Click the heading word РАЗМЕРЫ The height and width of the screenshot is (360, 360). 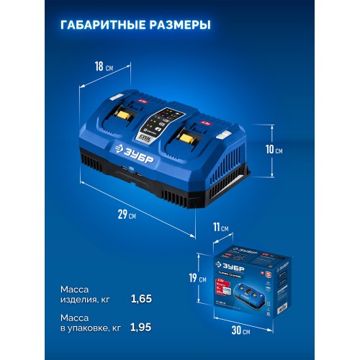click(x=177, y=25)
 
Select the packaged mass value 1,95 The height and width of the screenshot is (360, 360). click(x=142, y=327)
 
